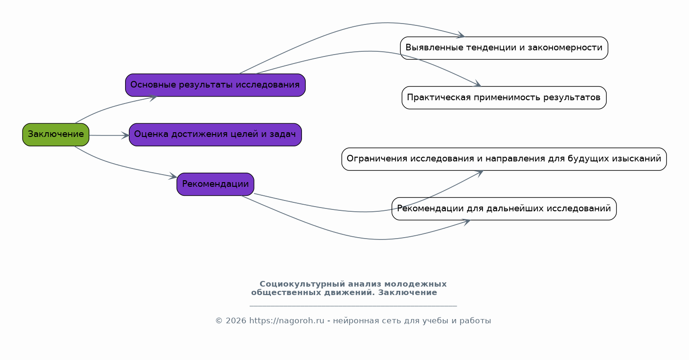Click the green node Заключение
point(55,135)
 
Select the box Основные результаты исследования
point(215,85)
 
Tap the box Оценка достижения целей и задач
point(215,135)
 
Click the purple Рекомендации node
point(215,184)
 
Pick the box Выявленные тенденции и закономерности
point(504,48)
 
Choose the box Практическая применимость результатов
point(504,98)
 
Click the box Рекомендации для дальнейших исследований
point(504,209)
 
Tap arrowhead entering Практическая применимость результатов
point(478,85)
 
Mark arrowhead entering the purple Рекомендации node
point(174,177)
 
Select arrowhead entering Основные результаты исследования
point(153,97)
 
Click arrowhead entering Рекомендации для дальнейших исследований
point(467,222)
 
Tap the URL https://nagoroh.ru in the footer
point(287,321)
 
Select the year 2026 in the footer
point(236,321)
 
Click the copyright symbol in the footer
point(219,321)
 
